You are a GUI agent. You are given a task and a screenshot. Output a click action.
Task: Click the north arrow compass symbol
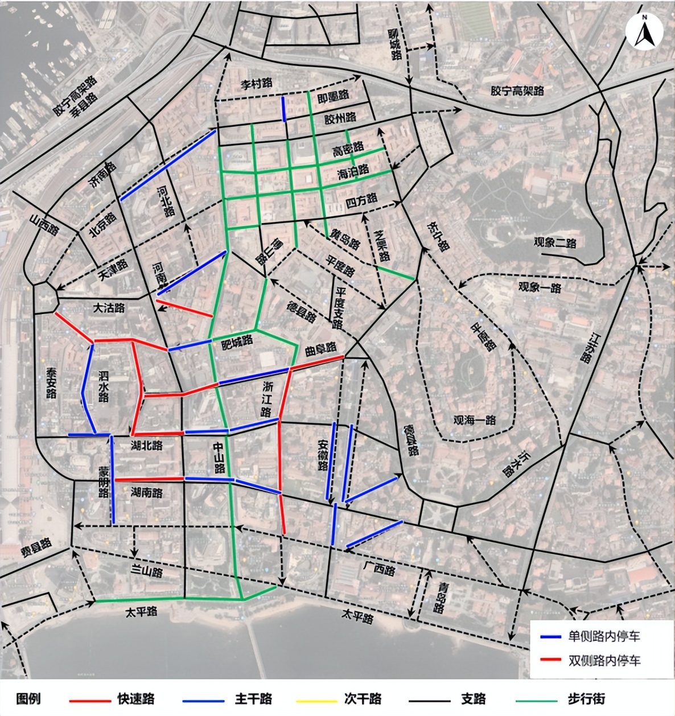tap(644, 32)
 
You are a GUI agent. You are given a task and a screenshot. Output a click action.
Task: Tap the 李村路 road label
tap(256, 84)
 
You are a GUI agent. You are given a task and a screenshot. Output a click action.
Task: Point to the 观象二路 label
tap(555, 242)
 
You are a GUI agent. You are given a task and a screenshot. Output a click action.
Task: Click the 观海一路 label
tap(475, 420)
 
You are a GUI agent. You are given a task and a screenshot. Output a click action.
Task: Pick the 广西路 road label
tap(378, 569)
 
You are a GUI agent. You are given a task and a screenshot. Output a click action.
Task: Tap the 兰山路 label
tap(146, 572)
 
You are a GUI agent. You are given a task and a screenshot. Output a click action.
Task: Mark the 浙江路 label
tap(267, 399)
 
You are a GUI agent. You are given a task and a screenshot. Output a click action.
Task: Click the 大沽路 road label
tap(109, 308)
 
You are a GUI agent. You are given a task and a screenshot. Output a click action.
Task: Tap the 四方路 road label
tap(361, 200)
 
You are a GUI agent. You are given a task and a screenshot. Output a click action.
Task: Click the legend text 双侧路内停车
tap(604, 660)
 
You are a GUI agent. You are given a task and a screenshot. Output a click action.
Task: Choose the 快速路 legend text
tap(136, 699)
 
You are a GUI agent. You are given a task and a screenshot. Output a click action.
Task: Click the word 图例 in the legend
tap(28, 699)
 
